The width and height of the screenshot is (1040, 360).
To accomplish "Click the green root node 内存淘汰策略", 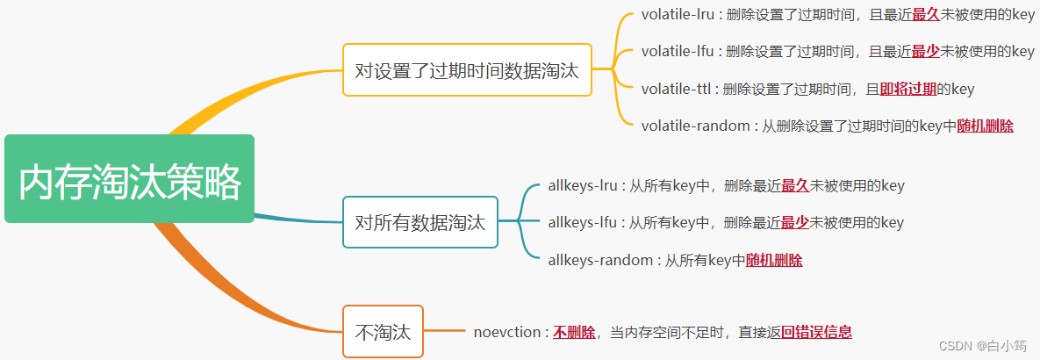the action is coord(129,179).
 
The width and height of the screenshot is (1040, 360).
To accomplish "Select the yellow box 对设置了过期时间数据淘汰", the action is coord(467,70).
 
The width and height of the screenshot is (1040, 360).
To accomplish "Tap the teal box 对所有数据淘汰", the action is coord(420,222).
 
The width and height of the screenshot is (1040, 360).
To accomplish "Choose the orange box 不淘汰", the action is coord(383,332).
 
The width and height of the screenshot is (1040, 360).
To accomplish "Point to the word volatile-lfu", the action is coord(677,51).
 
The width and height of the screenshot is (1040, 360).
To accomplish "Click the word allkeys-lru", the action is coord(584,185).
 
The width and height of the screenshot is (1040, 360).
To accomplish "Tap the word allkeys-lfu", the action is coord(583,222).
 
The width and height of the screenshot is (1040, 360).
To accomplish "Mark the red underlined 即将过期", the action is coord(908,89).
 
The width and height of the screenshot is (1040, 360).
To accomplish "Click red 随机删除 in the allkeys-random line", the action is coord(773,260).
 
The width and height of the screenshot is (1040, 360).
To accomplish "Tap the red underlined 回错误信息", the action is coord(816,332).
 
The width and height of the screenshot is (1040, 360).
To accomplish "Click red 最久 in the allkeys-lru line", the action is coord(794,185).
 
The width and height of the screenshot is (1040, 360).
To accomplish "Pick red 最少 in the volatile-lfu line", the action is coord(926,51).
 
